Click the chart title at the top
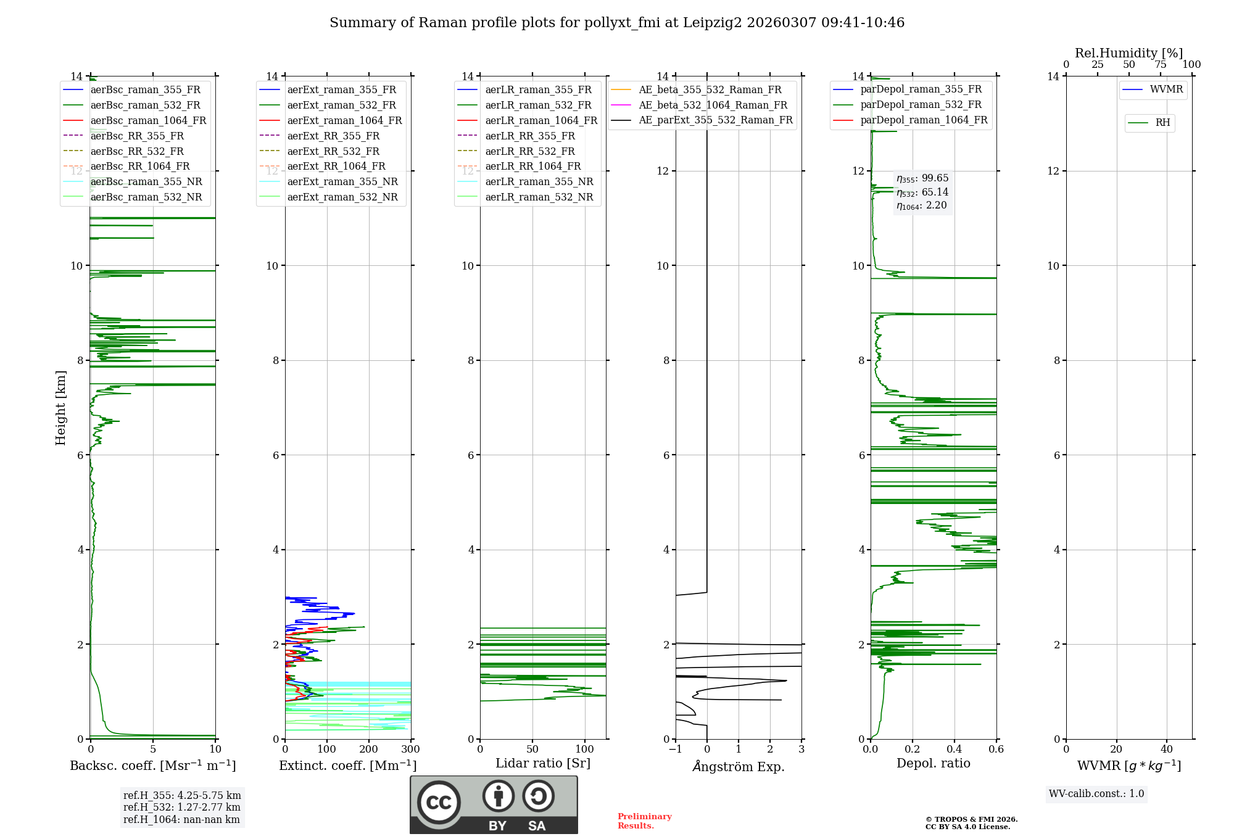click(617, 23)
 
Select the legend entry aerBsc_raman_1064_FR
click(148, 120)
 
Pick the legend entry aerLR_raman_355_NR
click(539, 181)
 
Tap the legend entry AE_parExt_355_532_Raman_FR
click(715, 120)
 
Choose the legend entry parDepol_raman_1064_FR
click(924, 120)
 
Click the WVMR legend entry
click(1166, 89)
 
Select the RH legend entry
click(1162, 123)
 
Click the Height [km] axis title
click(60, 407)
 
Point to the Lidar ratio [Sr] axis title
click(543, 763)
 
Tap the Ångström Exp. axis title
click(739, 766)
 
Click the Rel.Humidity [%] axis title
click(1128, 53)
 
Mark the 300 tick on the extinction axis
click(410, 750)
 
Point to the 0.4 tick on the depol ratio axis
click(954, 750)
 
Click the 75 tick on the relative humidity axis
click(1161, 65)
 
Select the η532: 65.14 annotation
click(922, 192)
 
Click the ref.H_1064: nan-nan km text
click(181, 819)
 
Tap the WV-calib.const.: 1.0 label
click(1096, 794)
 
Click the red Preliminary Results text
click(644, 820)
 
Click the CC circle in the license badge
click(439, 803)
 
